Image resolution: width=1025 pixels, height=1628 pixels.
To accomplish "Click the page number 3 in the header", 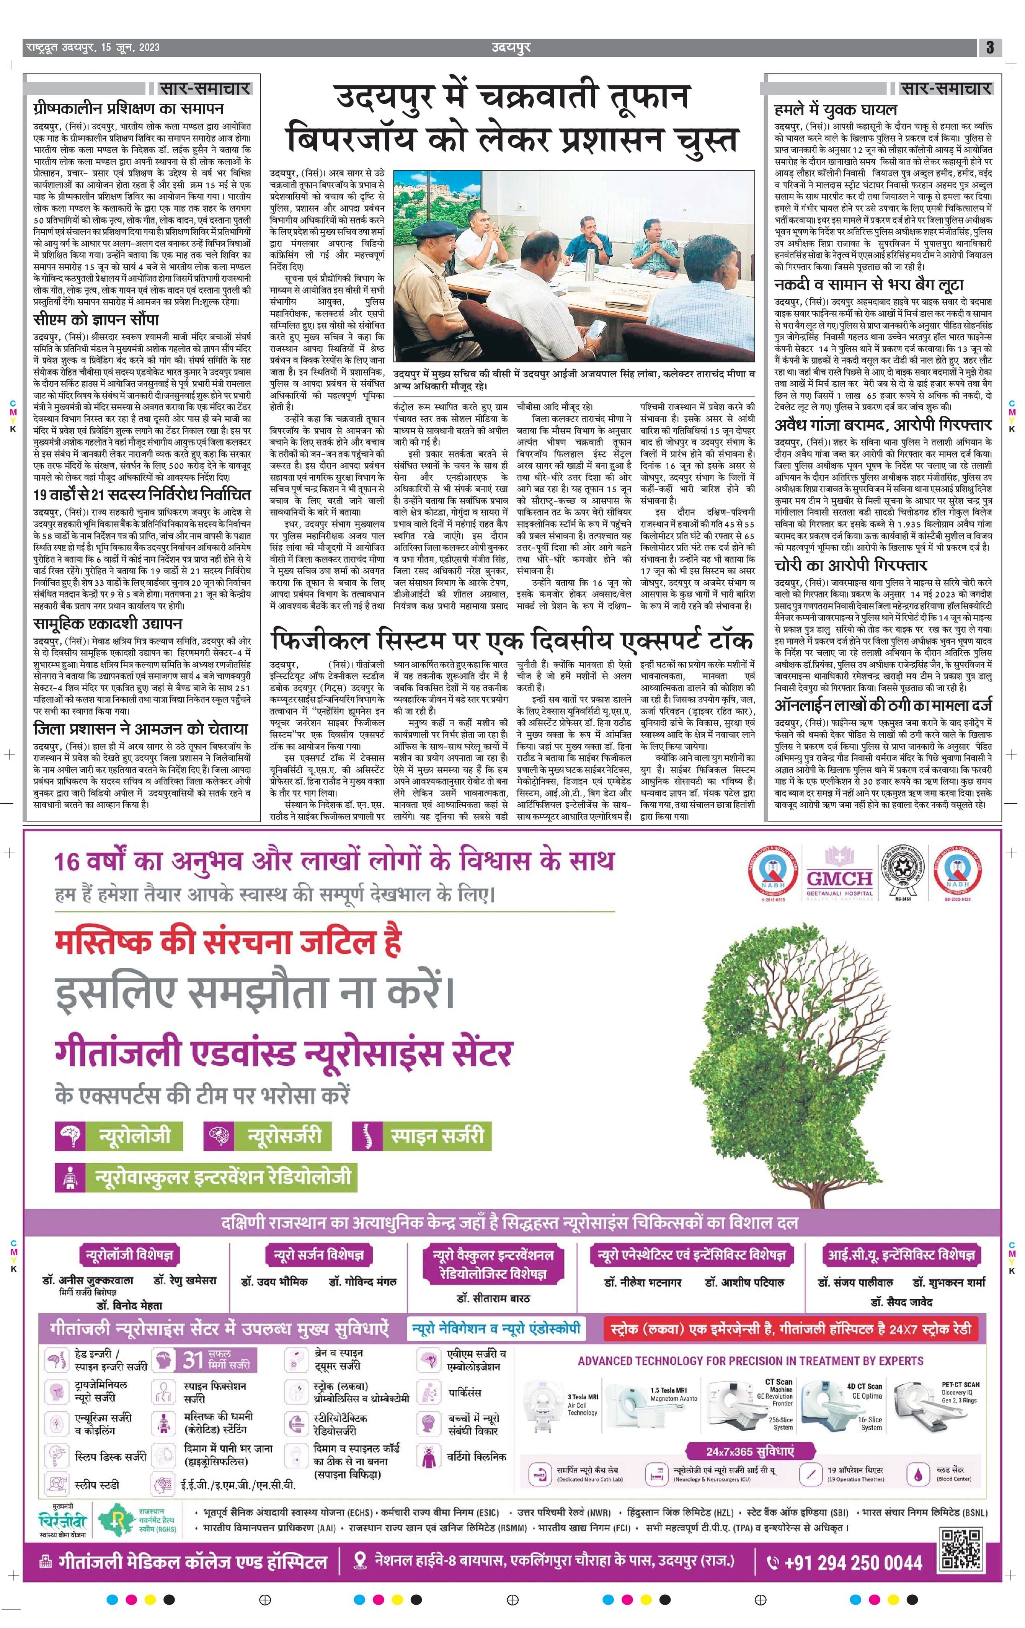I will (989, 47).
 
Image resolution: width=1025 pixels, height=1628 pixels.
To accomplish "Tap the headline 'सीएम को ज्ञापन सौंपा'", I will (96, 320).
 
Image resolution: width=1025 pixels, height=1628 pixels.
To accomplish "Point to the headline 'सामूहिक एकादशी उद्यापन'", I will (108, 623).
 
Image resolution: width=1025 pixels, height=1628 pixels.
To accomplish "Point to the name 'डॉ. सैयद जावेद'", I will (902, 1301).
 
